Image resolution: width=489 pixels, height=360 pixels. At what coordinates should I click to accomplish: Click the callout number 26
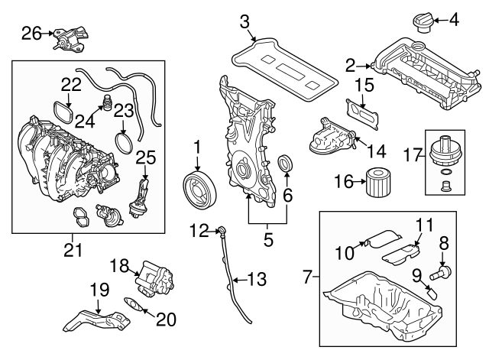[x=31, y=32]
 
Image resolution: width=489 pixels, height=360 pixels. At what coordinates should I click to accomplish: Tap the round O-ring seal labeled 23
[x=122, y=143]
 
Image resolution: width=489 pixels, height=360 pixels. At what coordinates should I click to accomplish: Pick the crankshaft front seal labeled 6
[x=287, y=164]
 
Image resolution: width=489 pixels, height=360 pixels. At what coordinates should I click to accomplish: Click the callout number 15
[x=364, y=83]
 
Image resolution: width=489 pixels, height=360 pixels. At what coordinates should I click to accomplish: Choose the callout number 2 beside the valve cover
[x=350, y=66]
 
